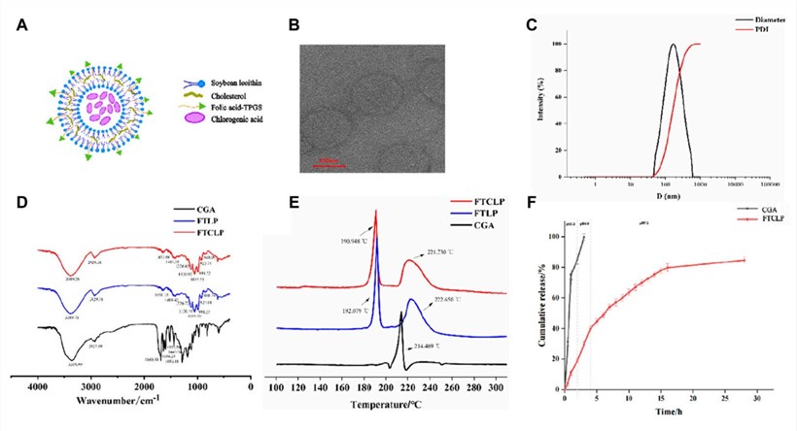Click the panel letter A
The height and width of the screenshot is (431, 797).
(x=22, y=25)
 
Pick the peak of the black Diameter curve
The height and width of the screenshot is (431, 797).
(x=673, y=45)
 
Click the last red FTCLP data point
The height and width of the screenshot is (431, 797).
(x=744, y=259)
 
